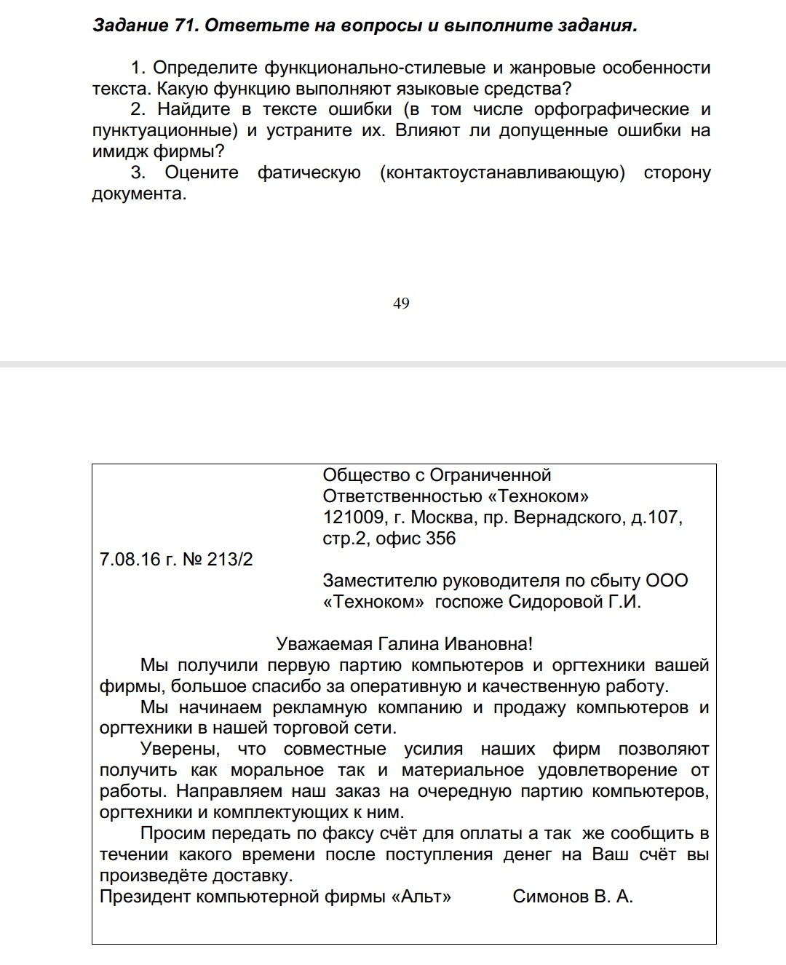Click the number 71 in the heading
(x=185, y=26)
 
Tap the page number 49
(x=401, y=303)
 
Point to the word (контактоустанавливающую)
(x=502, y=173)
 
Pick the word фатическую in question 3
(x=309, y=173)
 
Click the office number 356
(x=441, y=539)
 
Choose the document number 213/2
(x=230, y=560)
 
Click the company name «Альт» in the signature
(x=421, y=897)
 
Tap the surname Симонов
(x=549, y=897)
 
